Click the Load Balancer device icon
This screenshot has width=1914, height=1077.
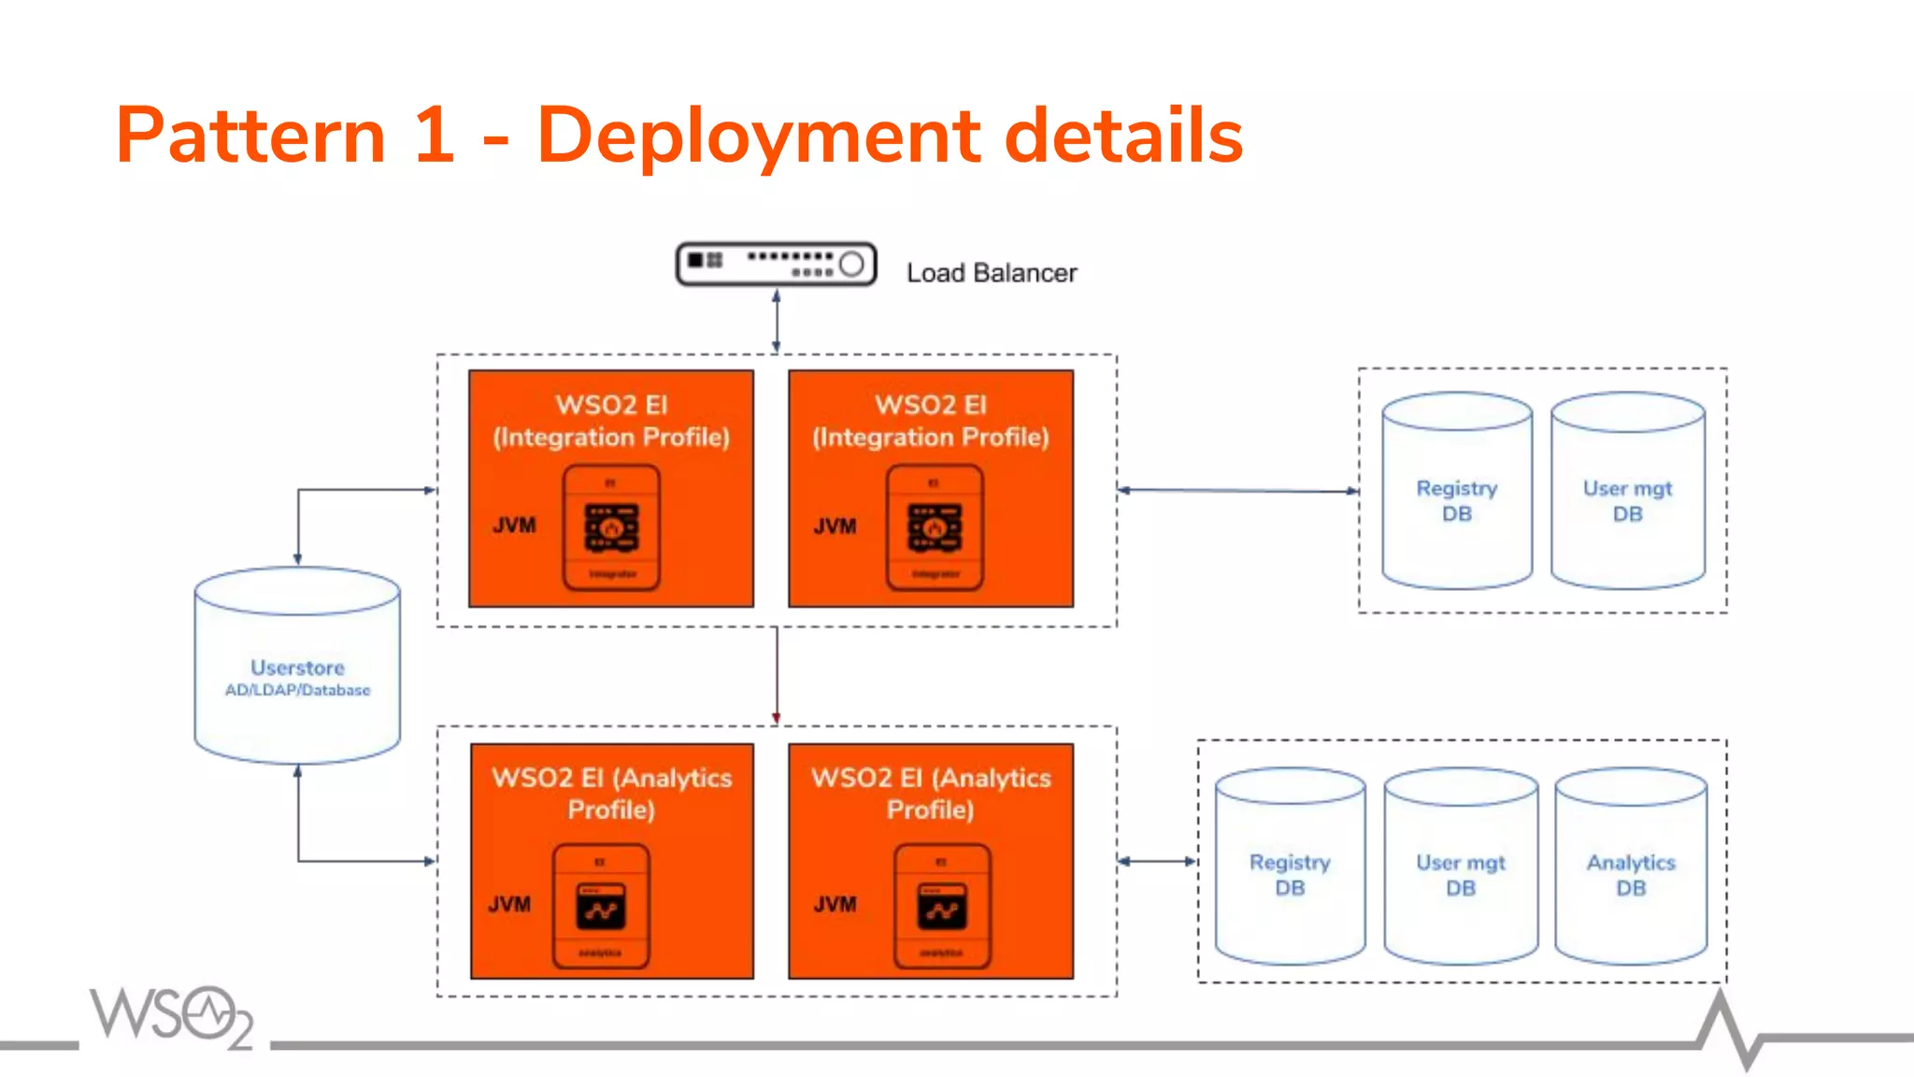pos(776,265)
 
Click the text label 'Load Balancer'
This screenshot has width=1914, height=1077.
pos(991,273)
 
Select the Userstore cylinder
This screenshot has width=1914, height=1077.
pos(297,666)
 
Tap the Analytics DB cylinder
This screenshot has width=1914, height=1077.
pos(1631,867)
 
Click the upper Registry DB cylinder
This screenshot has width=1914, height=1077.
pos(1457,492)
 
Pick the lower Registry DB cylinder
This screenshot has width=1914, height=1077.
pos(1290,867)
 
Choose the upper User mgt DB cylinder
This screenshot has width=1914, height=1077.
pos(1627,492)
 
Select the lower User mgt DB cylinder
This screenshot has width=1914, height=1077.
pos(1460,867)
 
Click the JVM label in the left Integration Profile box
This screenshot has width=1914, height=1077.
pos(514,525)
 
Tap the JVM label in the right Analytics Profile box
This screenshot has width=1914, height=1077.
pos(835,904)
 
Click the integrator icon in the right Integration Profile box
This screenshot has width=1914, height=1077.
pos(935,528)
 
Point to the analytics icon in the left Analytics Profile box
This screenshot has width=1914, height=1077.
pos(601,905)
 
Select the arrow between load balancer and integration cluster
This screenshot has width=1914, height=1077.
pos(776,321)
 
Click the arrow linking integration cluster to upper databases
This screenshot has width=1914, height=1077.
pos(1237,490)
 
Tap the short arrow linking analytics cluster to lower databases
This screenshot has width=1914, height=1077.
pos(1157,861)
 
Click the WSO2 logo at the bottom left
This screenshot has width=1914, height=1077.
pos(172,1016)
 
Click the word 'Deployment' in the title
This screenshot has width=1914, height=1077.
pos(758,136)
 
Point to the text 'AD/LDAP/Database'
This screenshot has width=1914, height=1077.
pos(297,690)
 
